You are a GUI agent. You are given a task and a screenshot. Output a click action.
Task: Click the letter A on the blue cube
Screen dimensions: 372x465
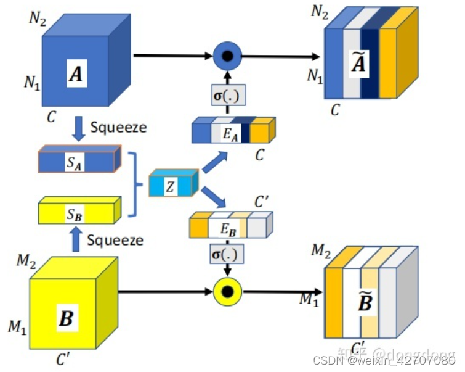tap(76, 75)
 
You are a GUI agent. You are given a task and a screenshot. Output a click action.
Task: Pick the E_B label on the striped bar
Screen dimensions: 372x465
tap(228, 227)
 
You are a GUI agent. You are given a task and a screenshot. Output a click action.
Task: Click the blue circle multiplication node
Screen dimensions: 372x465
tap(227, 57)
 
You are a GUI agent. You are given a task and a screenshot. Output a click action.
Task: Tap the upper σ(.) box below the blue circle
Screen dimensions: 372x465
tap(227, 95)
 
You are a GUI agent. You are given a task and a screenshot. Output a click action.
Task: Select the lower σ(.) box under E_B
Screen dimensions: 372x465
tap(227, 254)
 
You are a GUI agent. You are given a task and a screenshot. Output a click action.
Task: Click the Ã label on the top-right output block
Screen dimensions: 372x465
tap(359, 64)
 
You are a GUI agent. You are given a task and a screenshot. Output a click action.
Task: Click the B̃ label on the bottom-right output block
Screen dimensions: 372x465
tap(365, 302)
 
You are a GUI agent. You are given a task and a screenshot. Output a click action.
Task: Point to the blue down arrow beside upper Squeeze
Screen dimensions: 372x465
tap(79, 128)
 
